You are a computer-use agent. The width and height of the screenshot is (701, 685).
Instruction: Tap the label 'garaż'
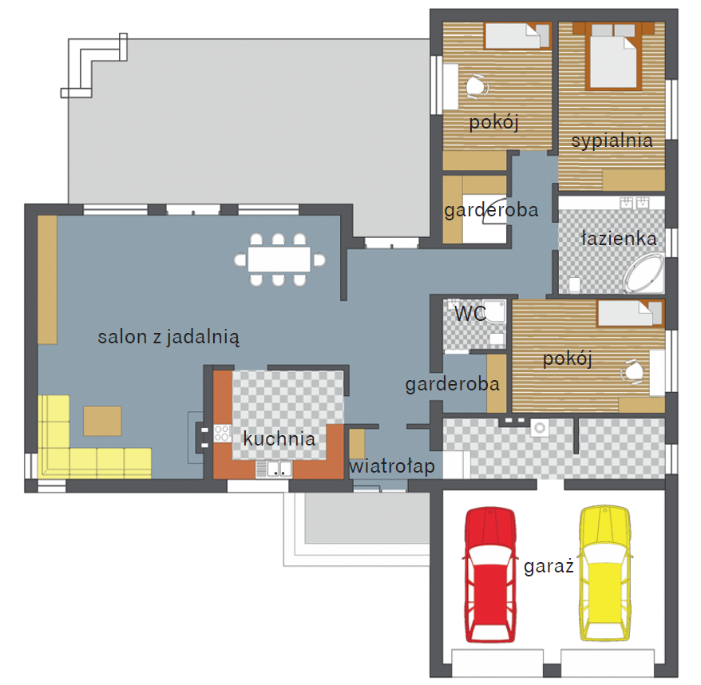click(549, 567)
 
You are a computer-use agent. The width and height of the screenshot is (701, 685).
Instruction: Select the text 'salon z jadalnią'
click(168, 337)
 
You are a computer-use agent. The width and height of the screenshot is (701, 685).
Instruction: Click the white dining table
click(279, 259)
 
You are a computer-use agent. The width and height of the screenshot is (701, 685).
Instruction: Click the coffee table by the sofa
click(102, 421)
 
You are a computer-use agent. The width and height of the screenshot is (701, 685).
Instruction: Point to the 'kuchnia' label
click(279, 438)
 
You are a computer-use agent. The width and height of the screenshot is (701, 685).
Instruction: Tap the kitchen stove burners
click(223, 434)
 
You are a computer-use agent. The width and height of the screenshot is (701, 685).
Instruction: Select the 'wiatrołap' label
click(392, 466)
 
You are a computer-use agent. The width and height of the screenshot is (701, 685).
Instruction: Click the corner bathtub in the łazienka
click(644, 273)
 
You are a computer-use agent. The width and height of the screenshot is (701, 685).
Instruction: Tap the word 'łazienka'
click(619, 239)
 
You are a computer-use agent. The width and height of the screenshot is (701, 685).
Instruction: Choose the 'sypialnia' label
click(612, 141)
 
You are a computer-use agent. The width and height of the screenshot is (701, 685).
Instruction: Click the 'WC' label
click(470, 314)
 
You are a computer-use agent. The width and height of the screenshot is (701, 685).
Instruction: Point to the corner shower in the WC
click(494, 311)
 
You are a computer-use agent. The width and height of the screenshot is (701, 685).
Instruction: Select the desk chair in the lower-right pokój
click(632, 371)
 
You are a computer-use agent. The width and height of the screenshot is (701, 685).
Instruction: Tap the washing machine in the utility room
click(540, 428)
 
